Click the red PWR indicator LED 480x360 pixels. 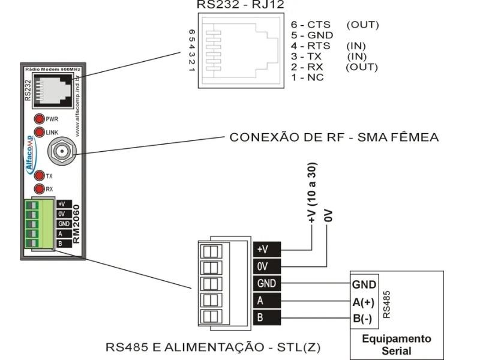[x=40, y=119]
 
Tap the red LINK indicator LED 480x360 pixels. [x=40, y=132]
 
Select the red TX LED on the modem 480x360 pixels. [x=40, y=176]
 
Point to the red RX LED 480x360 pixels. [x=40, y=189]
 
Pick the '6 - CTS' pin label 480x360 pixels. [x=307, y=25]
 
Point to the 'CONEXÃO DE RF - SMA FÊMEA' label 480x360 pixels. [x=334, y=137]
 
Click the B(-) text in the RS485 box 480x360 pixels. [x=364, y=318]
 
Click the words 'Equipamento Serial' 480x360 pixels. [x=396, y=344]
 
